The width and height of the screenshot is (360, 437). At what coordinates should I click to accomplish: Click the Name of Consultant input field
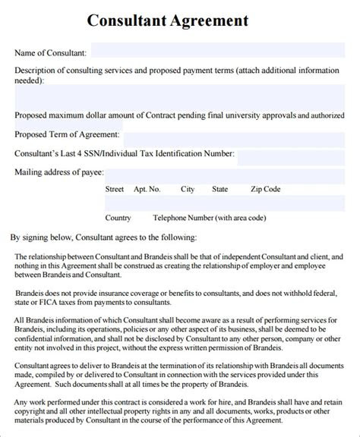click(220, 53)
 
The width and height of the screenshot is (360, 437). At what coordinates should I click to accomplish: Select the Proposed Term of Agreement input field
click(235, 134)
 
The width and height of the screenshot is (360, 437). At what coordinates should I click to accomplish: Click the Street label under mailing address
click(115, 189)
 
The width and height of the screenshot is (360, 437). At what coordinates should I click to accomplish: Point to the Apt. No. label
click(147, 189)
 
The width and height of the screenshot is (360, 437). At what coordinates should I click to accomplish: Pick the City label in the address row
click(188, 189)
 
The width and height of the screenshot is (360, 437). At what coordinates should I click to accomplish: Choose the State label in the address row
click(220, 189)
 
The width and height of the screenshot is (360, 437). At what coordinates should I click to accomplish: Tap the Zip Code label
click(266, 189)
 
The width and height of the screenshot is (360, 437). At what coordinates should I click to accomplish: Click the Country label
click(118, 218)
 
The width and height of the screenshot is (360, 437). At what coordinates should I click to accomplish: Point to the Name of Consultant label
click(50, 53)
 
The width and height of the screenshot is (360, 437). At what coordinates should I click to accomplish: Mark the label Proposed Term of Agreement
click(67, 134)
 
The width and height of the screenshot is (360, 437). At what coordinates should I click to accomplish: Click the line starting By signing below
click(103, 237)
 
